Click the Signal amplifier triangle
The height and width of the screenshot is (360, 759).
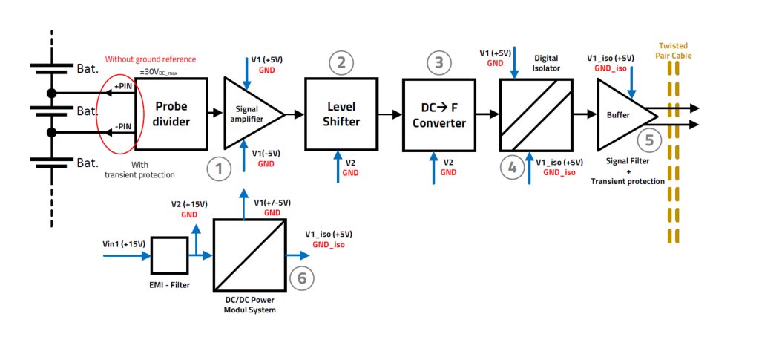[248, 114]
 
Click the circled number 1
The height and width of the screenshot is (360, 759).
[219, 169]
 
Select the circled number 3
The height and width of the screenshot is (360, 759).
[439, 63]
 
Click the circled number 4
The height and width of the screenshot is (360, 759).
[512, 168]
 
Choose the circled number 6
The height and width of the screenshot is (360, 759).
[301, 278]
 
